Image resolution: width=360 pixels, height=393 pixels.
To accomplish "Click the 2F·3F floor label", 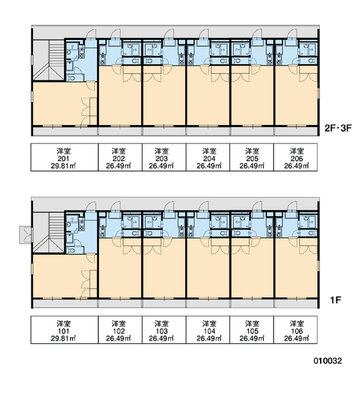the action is [x=338, y=128].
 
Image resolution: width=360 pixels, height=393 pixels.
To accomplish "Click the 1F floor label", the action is [x=335, y=300].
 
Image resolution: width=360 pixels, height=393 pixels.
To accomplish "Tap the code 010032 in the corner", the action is [x=328, y=361].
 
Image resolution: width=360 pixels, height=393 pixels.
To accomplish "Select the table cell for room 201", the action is [x=64, y=157].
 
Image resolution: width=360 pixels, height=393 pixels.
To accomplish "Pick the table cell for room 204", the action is [x=208, y=157].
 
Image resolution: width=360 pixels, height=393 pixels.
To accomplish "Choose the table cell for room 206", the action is [x=296, y=157].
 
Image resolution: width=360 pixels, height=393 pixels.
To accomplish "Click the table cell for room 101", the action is [x=64, y=330].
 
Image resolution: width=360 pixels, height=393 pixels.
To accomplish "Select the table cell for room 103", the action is [x=164, y=330].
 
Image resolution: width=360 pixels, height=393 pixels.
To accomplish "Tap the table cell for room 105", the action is [x=252, y=330].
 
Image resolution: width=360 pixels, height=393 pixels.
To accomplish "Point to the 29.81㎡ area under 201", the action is [x=63, y=166].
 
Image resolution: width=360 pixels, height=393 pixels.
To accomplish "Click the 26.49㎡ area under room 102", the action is [x=118, y=339].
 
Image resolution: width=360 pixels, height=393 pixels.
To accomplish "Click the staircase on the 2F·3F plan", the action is [x=49, y=60].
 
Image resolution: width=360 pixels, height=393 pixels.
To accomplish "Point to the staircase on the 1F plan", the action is [x=49, y=233].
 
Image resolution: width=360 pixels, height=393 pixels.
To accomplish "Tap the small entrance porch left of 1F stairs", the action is [x=26, y=235].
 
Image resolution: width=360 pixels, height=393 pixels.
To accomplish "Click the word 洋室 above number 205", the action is [x=252, y=151].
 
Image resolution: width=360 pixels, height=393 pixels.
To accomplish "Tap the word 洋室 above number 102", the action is [x=118, y=324].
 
